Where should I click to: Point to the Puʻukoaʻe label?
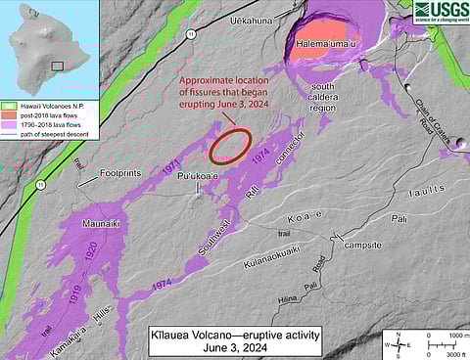[196, 176]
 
